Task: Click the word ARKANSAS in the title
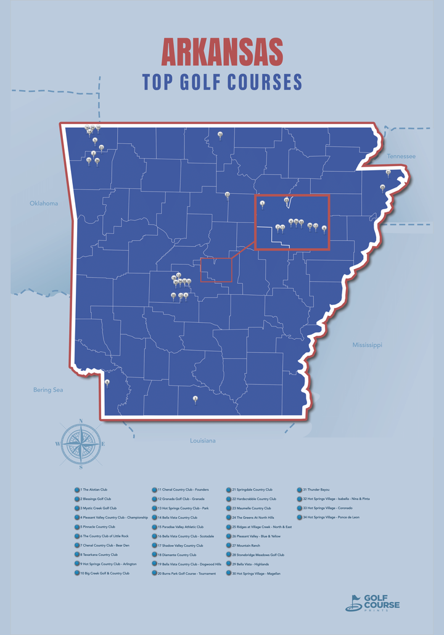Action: click(x=222, y=52)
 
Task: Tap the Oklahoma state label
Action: click(x=43, y=203)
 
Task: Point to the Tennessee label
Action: click(x=401, y=157)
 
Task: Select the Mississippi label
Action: click(x=367, y=345)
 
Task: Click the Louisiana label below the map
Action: click(x=202, y=441)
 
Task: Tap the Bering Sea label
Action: click(x=48, y=390)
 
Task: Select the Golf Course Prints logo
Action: click(x=372, y=602)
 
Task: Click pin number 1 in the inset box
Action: click(x=262, y=203)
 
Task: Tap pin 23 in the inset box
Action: click(x=286, y=201)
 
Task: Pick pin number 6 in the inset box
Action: click(x=324, y=228)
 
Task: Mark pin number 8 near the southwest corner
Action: click(x=107, y=383)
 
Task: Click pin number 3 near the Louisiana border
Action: click(x=195, y=399)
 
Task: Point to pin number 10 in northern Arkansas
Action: click(x=220, y=134)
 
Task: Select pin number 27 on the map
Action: click(x=227, y=194)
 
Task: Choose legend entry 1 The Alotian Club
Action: click(x=94, y=489)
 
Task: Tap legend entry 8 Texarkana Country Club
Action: click(x=99, y=555)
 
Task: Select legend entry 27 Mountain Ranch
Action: click(x=245, y=546)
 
